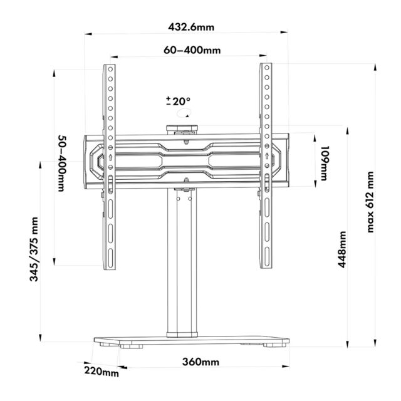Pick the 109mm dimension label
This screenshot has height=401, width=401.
tap(324, 162)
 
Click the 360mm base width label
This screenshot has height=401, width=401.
tap(200, 362)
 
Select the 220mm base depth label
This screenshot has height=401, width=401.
tap(102, 373)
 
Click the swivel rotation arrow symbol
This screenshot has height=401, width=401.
tap(184, 114)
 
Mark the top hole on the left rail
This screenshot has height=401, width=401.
tap(110, 69)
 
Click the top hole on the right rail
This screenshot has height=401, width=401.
tap(266, 69)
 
